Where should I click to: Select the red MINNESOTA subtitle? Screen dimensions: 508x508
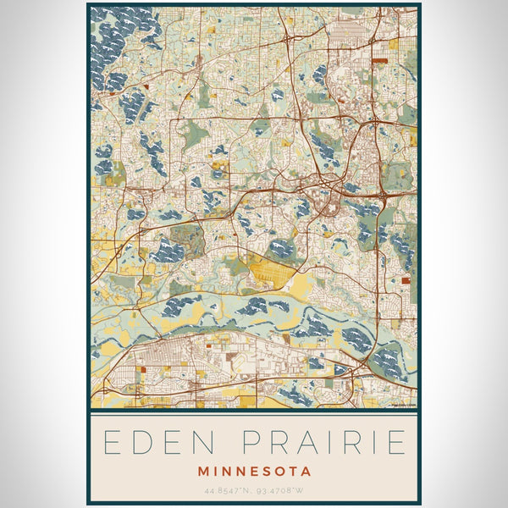(x=254, y=471)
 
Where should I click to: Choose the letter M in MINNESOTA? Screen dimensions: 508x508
(x=202, y=471)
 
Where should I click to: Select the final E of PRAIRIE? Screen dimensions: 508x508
(x=396, y=442)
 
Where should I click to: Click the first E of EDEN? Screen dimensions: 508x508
(x=109, y=442)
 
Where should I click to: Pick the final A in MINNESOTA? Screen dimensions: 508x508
(x=306, y=471)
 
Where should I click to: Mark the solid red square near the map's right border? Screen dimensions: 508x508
(x=406, y=279)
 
